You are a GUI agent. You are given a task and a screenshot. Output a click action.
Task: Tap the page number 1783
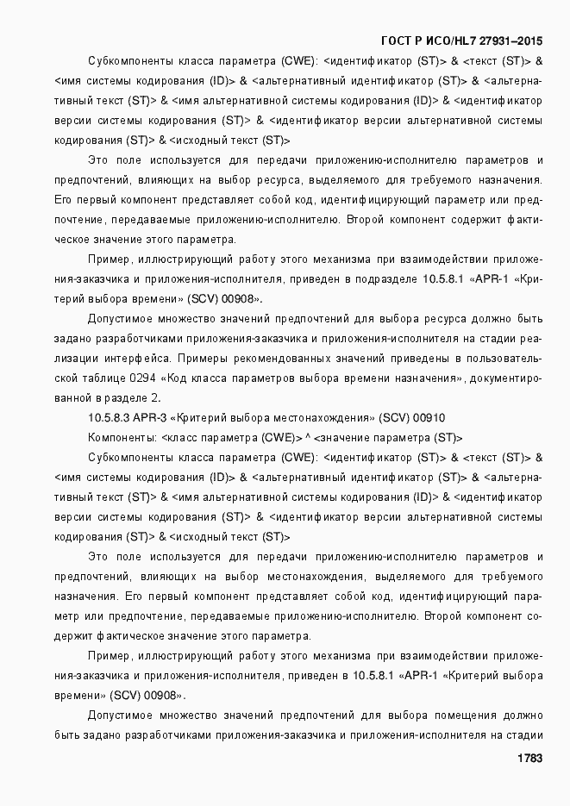tap(529, 759)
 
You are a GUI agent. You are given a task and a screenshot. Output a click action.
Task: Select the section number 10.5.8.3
tap(109, 418)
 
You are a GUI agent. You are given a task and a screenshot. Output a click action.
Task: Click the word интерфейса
tap(127, 359)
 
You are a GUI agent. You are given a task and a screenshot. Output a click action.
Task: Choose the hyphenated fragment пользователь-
tap(504, 359)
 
